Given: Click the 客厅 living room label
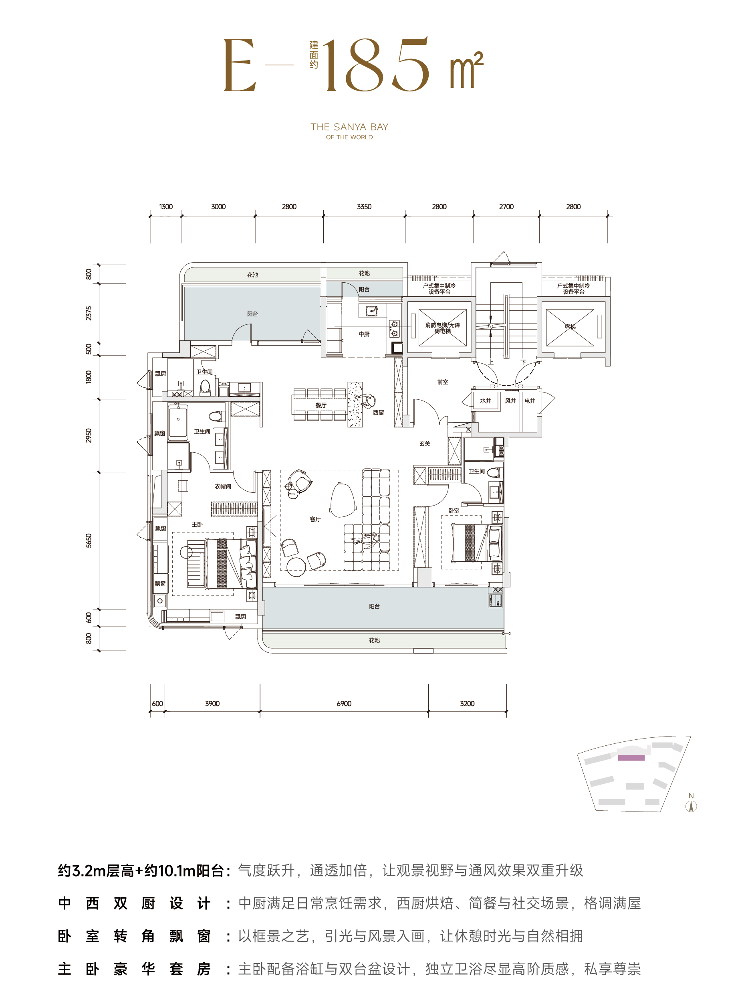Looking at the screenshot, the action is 315,519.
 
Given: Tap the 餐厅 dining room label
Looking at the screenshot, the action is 321,405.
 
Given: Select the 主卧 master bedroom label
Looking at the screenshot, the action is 197,524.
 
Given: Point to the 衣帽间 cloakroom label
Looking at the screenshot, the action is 223,486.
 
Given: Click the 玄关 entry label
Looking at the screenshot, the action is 424,443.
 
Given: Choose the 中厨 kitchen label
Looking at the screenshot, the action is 364,334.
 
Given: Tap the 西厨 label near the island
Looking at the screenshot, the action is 378,412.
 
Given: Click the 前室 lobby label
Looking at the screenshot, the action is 443,382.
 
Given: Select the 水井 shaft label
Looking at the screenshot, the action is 485,401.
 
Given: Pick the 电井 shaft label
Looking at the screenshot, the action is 530,401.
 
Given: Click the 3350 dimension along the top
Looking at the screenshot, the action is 364,206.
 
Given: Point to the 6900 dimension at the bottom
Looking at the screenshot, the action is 344,704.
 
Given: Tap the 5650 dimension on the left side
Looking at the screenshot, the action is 89,540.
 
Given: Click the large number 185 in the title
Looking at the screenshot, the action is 375,64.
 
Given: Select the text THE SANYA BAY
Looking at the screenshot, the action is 349,127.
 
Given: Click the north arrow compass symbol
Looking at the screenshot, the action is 691,806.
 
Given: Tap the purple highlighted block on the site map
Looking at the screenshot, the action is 631,758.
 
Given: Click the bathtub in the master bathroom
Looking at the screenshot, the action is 178,423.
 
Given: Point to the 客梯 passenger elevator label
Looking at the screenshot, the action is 570,326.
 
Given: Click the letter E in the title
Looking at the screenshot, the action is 240,65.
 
